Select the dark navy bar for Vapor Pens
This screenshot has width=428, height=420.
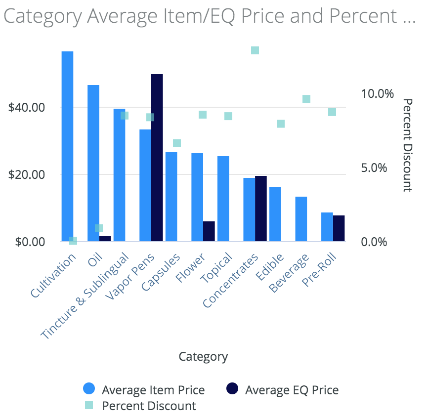tap(157, 158)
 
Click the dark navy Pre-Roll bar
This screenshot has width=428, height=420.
tap(339, 228)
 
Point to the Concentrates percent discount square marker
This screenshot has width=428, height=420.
tap(255, 50)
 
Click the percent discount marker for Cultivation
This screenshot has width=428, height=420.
tap(73, 241)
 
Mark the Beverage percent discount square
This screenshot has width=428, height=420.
tap(306, 99)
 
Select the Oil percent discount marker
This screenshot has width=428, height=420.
tap(99, 228)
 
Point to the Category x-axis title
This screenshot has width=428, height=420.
tap(203, 356)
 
